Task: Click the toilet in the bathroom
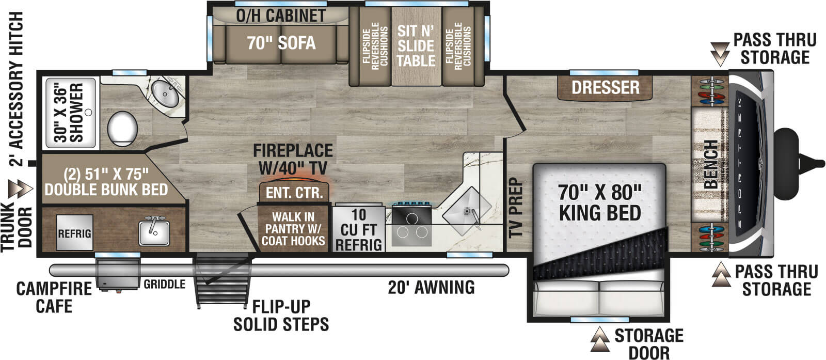pyautogui.click(x=122, y=129)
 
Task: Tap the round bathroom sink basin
pyautogui.click(x=166, y=93)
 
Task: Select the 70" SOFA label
pyautogui.click(x=281, y=43)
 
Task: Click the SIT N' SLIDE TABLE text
pyautogui.click(x=416, y=46)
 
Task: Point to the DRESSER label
pyautogui.click(x=606, y=87)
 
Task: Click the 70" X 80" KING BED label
pyautogui.click(x=600, y=203)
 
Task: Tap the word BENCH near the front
pyautogui.click(x=711, y=164)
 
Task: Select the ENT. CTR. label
pyautogui.click(x=295, y=193)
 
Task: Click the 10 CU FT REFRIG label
pyautogui.click(x=358, y=230)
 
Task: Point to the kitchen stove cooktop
pyautogui.click(x=411, y=225)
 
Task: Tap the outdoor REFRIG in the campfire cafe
pyautogui.click(x=74, y=233)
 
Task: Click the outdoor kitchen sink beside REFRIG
pyautogui.click(x=154, y=233)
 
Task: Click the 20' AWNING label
pyautogui.click(x=431, y=287)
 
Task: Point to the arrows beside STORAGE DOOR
pyautogui.click(x=599, y=339)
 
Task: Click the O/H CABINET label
pyautogui.click(x=281, y=16)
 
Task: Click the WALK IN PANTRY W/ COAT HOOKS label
pyautogui.click(x=293, y=229)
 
